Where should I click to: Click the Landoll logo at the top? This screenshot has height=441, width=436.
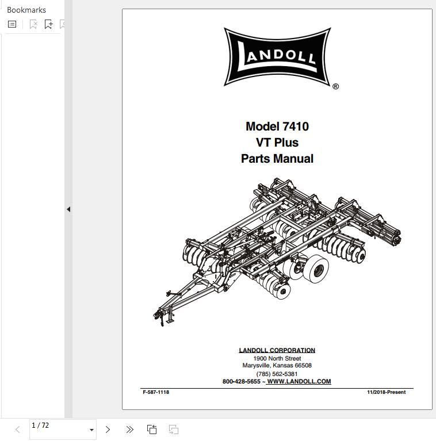(277, 57)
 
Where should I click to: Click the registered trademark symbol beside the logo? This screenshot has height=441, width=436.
(335, 87)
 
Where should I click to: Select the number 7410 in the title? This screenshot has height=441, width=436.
(296, 126)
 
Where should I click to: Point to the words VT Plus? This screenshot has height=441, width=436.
(277, 143)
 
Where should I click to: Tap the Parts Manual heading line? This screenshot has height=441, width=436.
(277, 159)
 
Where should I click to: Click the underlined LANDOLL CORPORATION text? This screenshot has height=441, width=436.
(277, 350)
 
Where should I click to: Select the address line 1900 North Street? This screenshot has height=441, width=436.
(277, 358)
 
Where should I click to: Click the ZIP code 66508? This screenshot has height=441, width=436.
(303, 365)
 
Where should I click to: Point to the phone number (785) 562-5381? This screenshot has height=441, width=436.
(277, 374)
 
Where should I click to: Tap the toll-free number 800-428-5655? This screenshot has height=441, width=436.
(242, 381)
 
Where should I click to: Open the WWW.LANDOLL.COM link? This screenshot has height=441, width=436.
(299, 381)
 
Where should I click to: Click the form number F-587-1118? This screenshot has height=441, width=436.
(156, 392)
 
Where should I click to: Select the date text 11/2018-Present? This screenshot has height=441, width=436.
(386, 392)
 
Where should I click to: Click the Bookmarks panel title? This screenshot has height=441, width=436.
(26, 10)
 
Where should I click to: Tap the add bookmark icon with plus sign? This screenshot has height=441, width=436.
(49, 24)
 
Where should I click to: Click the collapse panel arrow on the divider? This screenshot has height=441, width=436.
(68, 209)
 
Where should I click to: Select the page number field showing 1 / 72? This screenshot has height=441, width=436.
(63, 429)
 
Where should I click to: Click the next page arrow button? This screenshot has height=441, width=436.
(108, 430)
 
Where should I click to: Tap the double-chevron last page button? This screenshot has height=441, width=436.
(129, 430)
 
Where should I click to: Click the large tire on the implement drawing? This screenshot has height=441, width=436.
(316, 269)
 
